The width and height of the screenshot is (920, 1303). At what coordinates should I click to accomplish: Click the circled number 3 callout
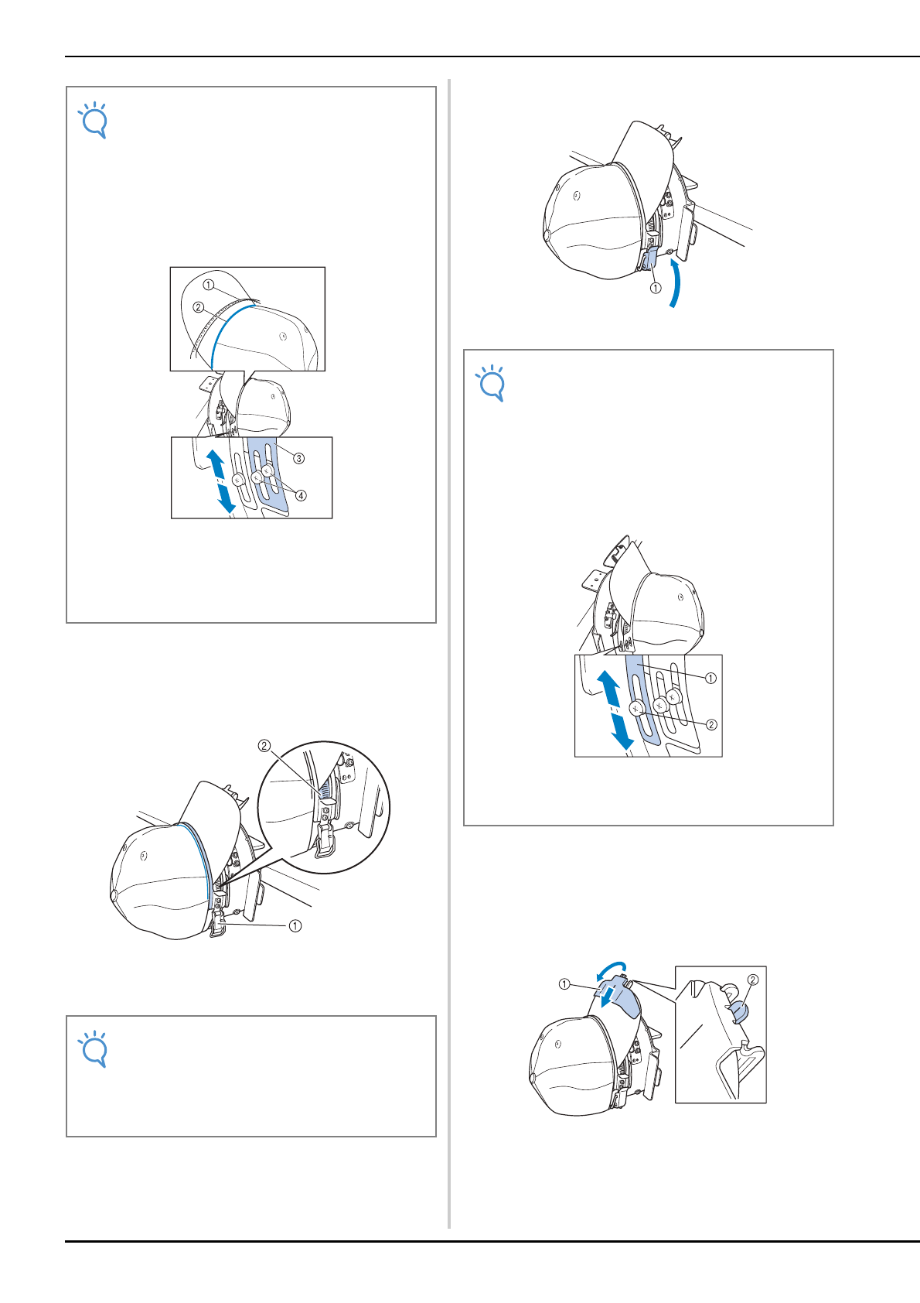pyautogui.click(x=298, y=458)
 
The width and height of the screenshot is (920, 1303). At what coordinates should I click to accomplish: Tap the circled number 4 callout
pyautogui.click(x=301, y=496)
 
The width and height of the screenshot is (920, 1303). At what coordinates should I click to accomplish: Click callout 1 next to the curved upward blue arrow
pyautogui.click(x=656, y=288)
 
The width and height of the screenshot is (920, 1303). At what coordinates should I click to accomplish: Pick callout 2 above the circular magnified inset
pyautogui.click(x=264, y=746)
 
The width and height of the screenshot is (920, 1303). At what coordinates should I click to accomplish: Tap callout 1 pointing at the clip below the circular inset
pyautogui.click(x=295, y=925)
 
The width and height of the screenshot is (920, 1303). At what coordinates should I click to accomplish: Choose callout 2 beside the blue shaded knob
pyautogui.click(x=752, y=980)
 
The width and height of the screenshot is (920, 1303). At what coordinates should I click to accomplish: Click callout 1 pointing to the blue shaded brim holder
pyautogui.click(x=564, y=984)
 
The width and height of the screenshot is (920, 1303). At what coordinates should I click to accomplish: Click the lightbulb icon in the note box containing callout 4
pyautogui.click(x=93, y=121)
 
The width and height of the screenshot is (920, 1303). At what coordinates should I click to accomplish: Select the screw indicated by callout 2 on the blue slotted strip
pyautogui.click(x=635, y=709)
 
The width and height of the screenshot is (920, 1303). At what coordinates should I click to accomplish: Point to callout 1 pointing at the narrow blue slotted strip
pyautogui.click(x=710, y=679)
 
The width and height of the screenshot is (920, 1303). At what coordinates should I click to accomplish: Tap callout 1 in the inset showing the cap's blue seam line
pyautogui.click(x=209, y=285)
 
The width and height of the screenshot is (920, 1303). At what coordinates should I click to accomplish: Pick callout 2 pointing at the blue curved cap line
pyautogui.click(x=198, y=307)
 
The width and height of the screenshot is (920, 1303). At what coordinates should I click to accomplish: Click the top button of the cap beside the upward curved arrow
pyautogui.click(x=547, y=234)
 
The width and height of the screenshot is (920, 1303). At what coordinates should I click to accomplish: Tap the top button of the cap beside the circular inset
pyautogui.click(x=114, y=894)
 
